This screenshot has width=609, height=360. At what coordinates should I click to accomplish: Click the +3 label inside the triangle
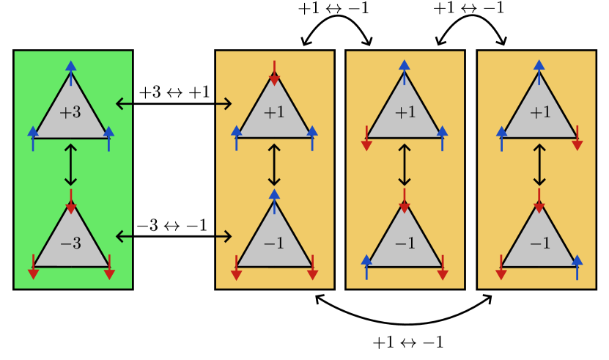pyautogui.click(x=70, y=113)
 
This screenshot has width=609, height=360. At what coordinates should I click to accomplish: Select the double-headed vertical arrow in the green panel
pyautogui.click(x=70, y=165)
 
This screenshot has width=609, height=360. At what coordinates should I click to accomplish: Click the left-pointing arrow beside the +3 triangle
pyautogui.click(x=124, y=104)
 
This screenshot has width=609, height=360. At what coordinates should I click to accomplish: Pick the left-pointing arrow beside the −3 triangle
pyautogui.click(x=124, y=236)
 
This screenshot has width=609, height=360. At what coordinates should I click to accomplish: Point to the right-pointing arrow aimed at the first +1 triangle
pyautogui.click(x=224, y=104)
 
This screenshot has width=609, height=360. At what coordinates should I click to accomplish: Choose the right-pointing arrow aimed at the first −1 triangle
pyautogui.click(x=224, y=236)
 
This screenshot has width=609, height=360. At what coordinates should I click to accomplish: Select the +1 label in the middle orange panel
pyautogui.click(x=405, y=113)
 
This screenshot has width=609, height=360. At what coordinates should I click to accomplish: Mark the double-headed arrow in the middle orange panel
pyautogui.click(x=404, y=165)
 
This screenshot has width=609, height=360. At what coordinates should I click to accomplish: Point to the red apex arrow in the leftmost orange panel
pyautogui.click(x=274, y=73)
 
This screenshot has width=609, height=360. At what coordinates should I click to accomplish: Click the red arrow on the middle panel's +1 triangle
pyautogui.click(x=366, y=139)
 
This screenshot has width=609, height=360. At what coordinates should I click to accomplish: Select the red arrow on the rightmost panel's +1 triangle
pyautogui.click(x=577, y=139)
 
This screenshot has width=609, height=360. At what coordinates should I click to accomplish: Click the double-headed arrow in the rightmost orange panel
pyautogui.click(x=539, y=165)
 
